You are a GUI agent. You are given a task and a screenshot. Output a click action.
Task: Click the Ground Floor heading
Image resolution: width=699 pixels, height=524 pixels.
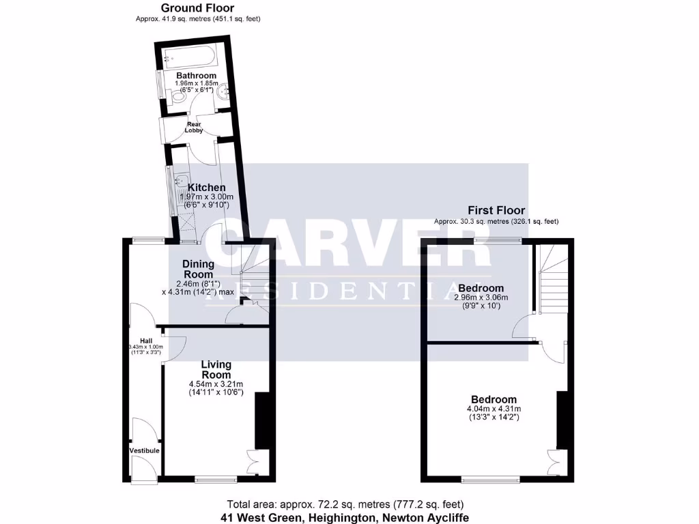(x=197, y=8)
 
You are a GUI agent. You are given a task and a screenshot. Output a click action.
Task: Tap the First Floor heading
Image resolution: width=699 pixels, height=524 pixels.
(x=496, y=210)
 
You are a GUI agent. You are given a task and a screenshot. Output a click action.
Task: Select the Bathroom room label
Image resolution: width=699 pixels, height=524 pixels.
(x=196, y=76)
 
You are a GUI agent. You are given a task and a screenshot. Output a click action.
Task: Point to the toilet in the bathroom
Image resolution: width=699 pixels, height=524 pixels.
(x=177, y=98)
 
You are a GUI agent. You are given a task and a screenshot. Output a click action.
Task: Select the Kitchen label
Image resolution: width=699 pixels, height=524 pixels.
(x=206, y=188)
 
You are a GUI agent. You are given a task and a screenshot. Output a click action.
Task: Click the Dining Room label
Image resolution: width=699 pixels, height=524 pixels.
(x=198, y=268)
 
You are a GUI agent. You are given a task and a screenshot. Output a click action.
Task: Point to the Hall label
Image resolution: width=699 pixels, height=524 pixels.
(x=146, y=340)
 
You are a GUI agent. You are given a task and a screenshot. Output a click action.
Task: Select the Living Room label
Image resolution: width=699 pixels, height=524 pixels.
(x=216, y=370)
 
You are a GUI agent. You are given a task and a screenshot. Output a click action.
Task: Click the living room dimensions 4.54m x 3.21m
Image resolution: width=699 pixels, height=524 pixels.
(x=216, y=384)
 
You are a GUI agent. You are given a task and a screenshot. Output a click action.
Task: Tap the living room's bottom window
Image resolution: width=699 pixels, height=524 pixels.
(x=216, y=478)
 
